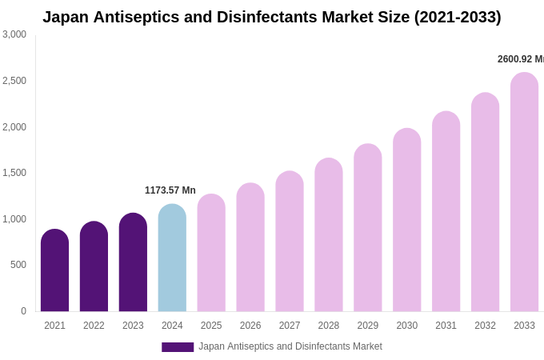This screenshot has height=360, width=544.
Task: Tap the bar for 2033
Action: point(524,192)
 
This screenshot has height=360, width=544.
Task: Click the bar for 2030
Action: point(406,220)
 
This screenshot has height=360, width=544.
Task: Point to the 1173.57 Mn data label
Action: point(170,190)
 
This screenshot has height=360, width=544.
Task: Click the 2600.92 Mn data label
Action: point(520,59)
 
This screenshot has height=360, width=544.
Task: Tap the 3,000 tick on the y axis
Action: point(14,34)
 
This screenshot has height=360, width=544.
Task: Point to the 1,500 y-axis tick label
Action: point(14,173)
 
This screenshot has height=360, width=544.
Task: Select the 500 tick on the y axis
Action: point(18,265)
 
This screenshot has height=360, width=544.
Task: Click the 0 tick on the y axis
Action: point(23,311)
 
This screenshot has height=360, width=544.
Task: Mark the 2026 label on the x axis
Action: point(250,326)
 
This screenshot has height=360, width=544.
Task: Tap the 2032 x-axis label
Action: point(485,326)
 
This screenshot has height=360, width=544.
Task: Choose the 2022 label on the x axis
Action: point(94,326)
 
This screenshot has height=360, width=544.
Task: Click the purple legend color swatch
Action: point(178,347)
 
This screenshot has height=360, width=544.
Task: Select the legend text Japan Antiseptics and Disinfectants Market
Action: point(290,346)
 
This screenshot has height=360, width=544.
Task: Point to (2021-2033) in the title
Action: point(458,17)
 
